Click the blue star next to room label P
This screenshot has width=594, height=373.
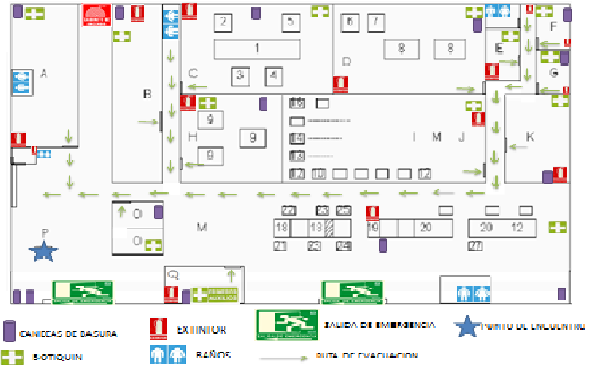tap(44, 252)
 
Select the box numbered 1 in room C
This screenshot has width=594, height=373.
tap(257, 49)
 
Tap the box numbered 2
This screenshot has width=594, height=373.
tap(223, 23)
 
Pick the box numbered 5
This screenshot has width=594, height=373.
tap(290, 23)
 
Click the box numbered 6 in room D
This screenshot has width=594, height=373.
tap(350, 22)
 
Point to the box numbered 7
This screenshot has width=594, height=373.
tap(375, 22)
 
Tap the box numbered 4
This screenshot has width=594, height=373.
tap(274, 75)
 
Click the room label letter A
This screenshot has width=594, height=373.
tap(44, 73)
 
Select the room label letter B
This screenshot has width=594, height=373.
tap(147, 93)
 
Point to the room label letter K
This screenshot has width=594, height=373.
tap(530, 137)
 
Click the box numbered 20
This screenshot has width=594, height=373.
tap(426, 228)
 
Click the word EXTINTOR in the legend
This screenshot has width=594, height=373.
tap(201, 330)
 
